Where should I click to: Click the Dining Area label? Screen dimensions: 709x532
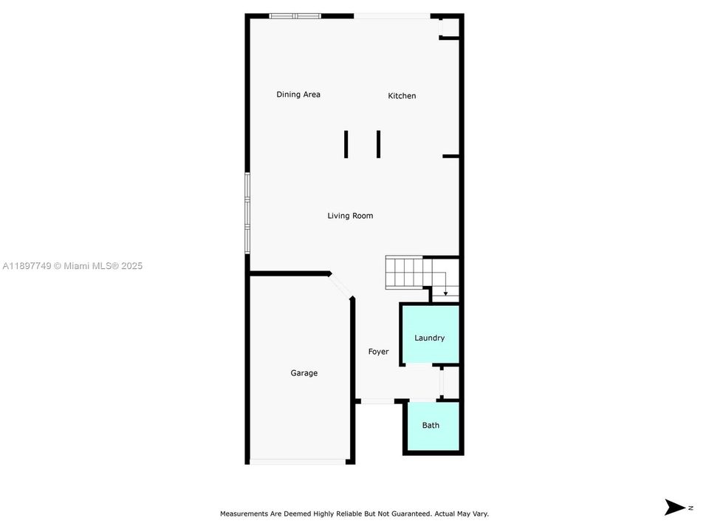(x=298, y=95)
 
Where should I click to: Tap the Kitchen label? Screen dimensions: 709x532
(x=402, y=96)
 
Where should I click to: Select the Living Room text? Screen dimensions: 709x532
(x=350, y=216)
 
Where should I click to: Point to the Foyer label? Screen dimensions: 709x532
(x=378, y=352)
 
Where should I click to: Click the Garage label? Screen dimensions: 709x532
(x=304, y=373)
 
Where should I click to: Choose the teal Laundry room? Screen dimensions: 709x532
(x=431, y=334)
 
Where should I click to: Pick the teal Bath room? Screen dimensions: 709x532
(x=434, y=426)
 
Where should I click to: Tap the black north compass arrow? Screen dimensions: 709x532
(x=674, y=507)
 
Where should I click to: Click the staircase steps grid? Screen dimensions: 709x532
(x=404, y=273)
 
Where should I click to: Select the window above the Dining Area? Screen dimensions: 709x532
(x=295, y=16)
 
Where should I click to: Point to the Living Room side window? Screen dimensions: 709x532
(x=247, y=213)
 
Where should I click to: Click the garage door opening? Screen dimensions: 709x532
(x=298, y=462)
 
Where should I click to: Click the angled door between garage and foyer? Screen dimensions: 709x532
(x=340, y=286)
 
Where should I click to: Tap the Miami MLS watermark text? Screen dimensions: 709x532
(x=72, y=266)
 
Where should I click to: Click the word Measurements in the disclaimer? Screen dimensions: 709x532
(x=244, y=514)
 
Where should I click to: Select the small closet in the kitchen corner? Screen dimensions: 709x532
(x=448, y=27)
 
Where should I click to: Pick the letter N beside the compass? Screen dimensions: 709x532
(x=691, y=508)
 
